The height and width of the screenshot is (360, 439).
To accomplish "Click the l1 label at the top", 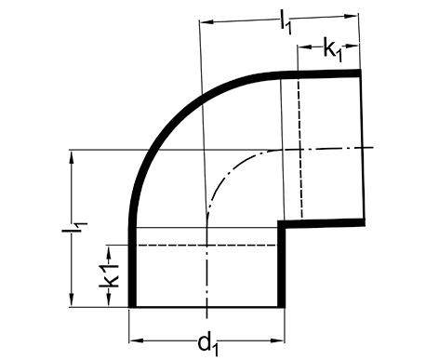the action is click(286, 24).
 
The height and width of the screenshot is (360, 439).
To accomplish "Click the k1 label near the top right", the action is click(333, 49).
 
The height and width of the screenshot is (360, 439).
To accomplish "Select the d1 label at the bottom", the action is click(208, 343).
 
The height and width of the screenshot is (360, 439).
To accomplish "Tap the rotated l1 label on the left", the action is click(74, 227).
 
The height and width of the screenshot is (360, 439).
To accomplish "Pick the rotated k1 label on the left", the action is click(109, 275).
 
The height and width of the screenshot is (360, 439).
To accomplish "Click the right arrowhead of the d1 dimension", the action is click(277, 340).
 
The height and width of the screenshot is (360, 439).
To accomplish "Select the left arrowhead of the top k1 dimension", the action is click(304, 47).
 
